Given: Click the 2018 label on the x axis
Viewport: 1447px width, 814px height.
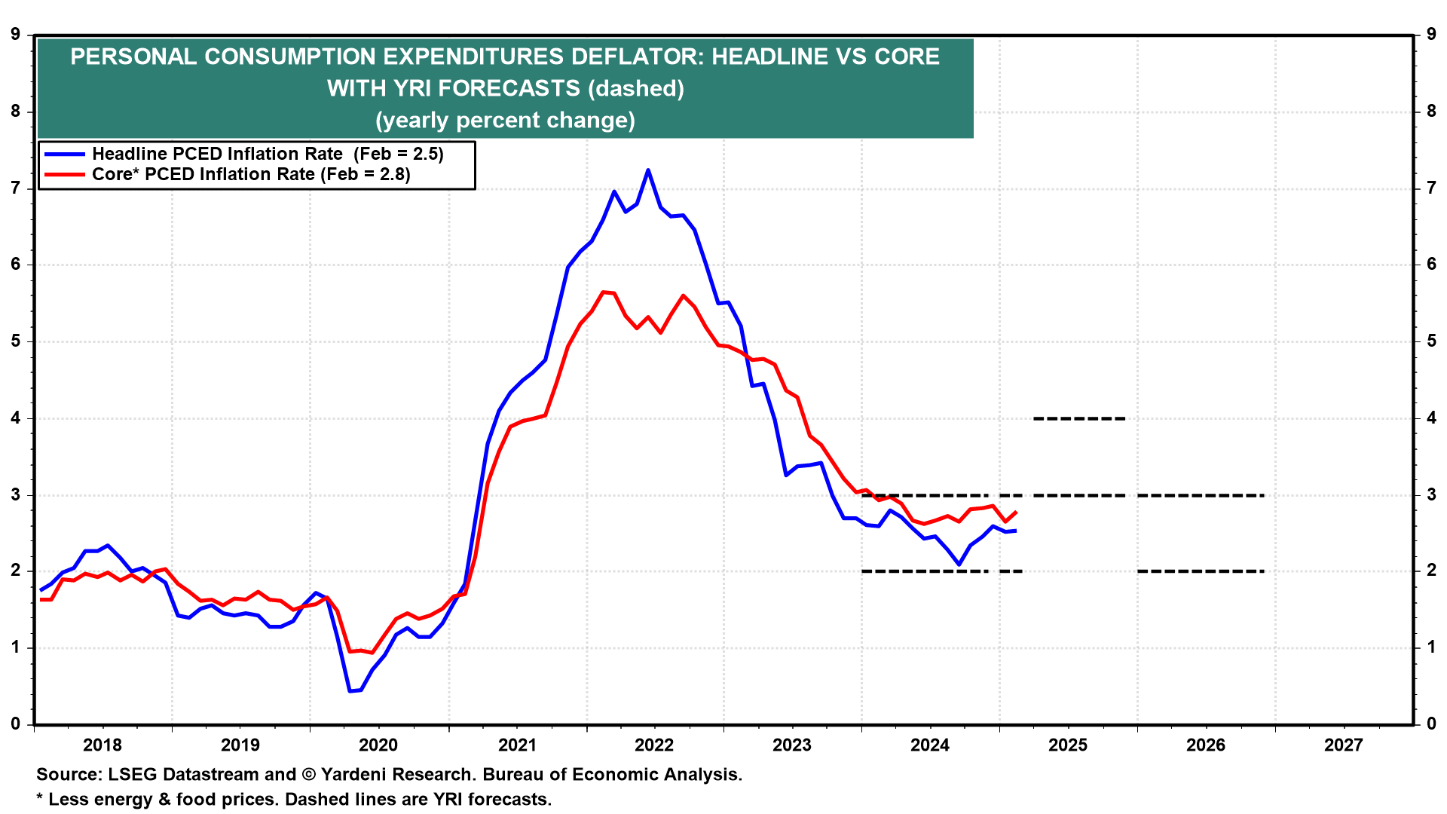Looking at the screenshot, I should [102, 745].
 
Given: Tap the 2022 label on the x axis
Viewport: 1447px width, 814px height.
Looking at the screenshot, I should [653, 745].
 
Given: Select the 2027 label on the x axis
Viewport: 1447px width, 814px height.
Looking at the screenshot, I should [1343, 745].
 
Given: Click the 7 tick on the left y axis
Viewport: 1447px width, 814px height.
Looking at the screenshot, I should [15, 188].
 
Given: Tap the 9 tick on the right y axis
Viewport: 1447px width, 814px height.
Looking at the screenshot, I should [1430, 34].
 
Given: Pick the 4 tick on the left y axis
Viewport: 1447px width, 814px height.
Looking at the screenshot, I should [15, 418].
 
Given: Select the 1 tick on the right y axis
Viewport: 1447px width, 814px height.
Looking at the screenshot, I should [1430, 647].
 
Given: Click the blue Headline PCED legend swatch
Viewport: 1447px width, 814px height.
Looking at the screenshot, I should [64, 154].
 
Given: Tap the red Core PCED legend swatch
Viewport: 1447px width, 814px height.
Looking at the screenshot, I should [64, 174].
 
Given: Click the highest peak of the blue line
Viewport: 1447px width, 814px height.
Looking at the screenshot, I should [647, 170].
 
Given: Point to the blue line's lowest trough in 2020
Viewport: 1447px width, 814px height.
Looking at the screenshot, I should [350, 690].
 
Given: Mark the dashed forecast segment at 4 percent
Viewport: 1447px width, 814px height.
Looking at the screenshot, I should [1079, 418].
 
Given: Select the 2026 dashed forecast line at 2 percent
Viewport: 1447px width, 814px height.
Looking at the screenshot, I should [1200, 571].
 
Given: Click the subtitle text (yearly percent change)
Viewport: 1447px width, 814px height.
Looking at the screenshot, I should [505, 120].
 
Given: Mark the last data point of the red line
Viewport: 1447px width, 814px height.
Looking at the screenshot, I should [1017, 513].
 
